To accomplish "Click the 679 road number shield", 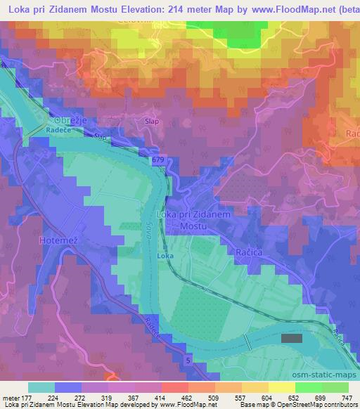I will point(157,161).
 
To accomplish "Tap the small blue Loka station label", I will point(165,257).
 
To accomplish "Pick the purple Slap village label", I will point(150,120).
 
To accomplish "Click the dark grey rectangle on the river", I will point(291,338).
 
